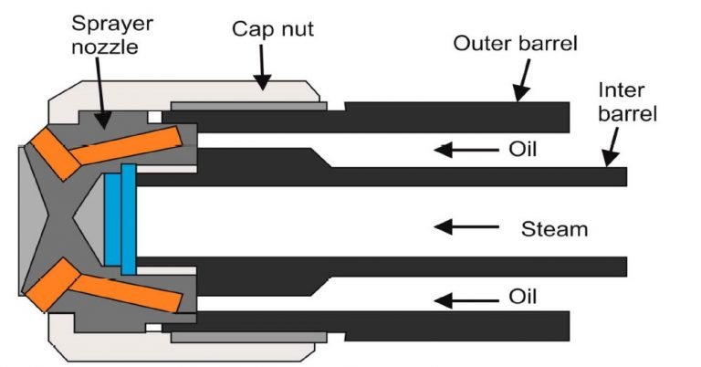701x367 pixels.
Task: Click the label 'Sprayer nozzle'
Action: tap(111, 36)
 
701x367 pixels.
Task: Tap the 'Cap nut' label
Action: tap(273, 29)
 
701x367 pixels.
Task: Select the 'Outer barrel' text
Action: tap(515, 44)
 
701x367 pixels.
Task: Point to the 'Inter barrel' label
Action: tap(628, 102)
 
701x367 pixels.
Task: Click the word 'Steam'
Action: tap(554, 229)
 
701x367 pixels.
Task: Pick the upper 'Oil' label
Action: tap(522, 150)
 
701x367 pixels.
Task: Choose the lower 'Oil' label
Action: tap(522, 297)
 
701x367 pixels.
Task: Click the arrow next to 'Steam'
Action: tap(466, 226)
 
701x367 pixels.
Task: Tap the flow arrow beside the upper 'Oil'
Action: tap(466, 150)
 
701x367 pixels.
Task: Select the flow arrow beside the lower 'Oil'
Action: tap(466, 300)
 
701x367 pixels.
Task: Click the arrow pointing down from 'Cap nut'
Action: tap(262, 67)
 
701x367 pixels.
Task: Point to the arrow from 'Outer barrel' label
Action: tap(523, 80)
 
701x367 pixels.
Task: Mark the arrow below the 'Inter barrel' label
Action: tap(612, 147)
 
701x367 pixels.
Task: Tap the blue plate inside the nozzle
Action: tap(120, 219)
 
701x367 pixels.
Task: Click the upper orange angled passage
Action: tap(103, 150)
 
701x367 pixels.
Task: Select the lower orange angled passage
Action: tap(103, 286)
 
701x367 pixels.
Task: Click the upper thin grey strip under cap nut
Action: tap(248, 107)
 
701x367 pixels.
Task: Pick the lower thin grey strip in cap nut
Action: tap(248, 337)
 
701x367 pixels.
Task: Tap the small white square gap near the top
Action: tap(154, 117)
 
